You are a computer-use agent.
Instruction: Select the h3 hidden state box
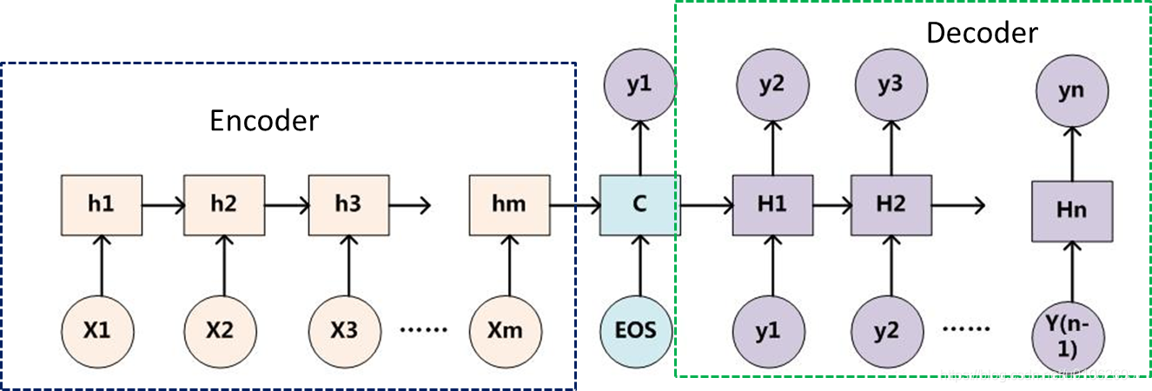click(x=348, y=205)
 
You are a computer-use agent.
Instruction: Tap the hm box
click(x=509, y=205)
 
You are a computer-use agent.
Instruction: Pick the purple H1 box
click(x=772, y=205)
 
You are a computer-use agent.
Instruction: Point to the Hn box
click(x=1072, y=211)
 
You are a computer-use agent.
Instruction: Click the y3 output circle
click(x=890, y=86)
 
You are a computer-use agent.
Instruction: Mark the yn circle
click(x=1072, y=91)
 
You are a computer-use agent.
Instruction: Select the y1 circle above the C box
click(x=640, y=86)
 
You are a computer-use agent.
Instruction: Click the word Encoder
click(x=264, y=120)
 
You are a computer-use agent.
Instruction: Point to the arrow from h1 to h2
click(x=162, y=205)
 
